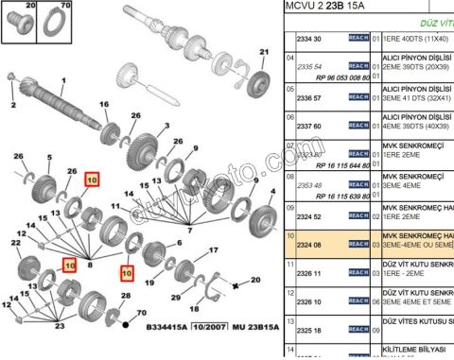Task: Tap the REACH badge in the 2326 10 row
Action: [358, 302]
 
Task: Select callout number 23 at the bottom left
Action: [60, 327]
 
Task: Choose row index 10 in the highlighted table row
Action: [291, 236]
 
